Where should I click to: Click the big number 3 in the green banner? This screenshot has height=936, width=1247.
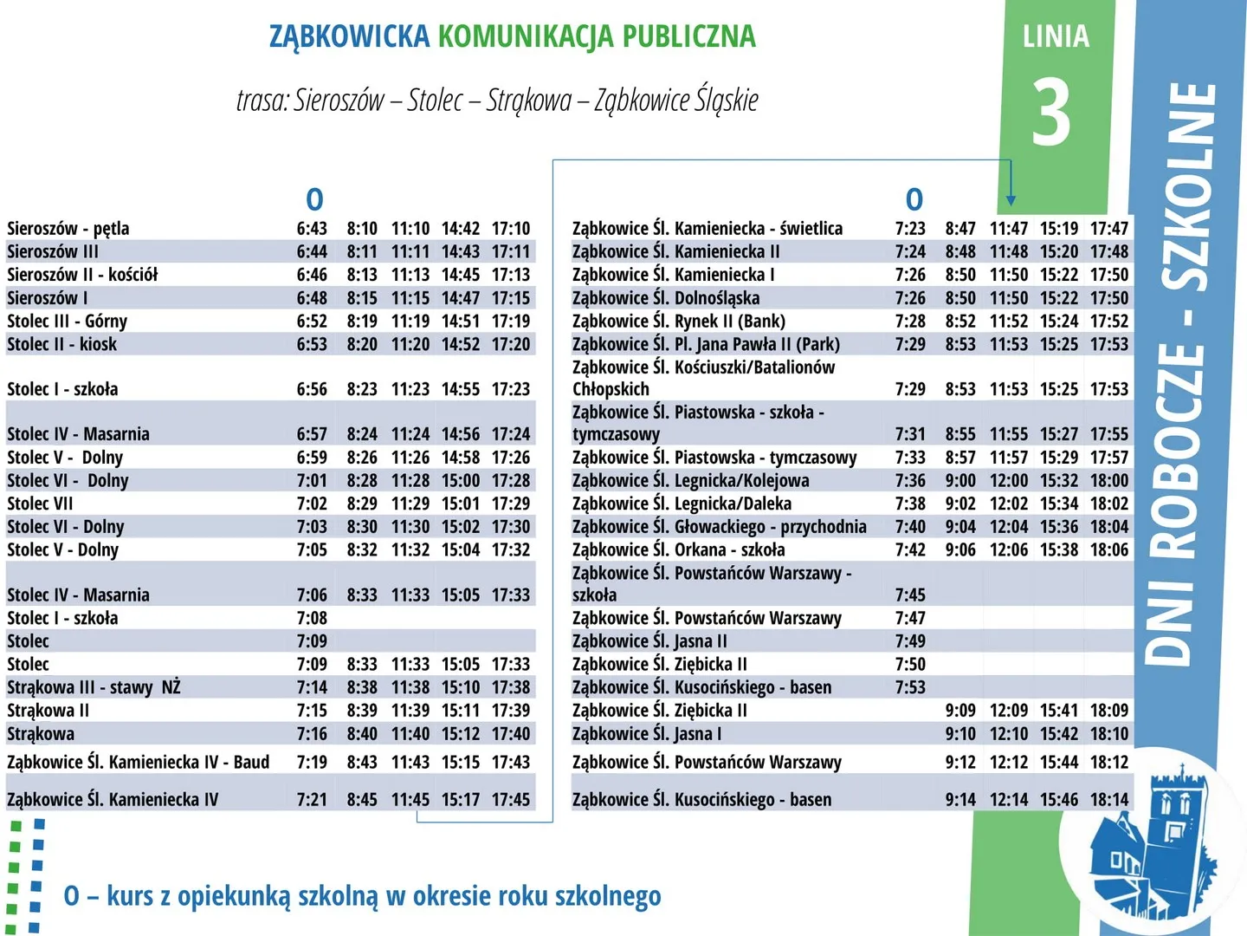pos(1051,113)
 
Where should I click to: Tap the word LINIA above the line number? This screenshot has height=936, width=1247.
pos(1056,36)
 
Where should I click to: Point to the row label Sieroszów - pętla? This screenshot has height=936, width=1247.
pos(68,229)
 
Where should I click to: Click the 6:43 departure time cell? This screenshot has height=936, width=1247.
pos(312,229)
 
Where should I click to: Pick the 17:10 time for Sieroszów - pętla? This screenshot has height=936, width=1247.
pos(511,229)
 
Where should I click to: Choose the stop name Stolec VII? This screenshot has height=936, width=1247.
pos(40,504)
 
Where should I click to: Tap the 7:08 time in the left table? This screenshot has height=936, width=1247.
pos(312,618)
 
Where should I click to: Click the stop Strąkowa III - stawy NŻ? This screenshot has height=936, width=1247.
pos(94,687)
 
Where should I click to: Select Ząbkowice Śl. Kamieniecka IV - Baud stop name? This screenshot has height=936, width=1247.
pos(138,763)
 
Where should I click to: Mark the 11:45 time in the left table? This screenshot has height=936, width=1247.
pos(410,799)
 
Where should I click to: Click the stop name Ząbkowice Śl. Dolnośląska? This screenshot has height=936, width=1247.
pos(665,298)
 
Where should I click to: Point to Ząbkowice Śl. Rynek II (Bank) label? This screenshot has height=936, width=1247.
pos(678,321)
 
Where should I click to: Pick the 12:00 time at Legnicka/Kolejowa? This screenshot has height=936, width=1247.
pos(1009,480)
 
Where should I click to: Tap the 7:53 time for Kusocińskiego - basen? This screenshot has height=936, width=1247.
pos(910,687)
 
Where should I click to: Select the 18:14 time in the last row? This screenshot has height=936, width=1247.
pos(1109,799)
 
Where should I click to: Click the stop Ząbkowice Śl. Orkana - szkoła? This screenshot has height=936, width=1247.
pos(678,549)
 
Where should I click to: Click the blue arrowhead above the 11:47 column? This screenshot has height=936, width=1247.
pos(1011,200)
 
